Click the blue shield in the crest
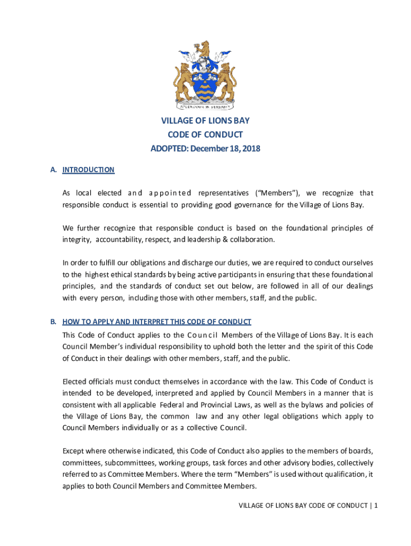205,85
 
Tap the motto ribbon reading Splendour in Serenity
205,106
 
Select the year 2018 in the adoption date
250,148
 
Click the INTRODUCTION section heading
88,170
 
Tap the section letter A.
53,170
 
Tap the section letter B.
53,322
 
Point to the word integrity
76,239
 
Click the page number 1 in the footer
376,506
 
